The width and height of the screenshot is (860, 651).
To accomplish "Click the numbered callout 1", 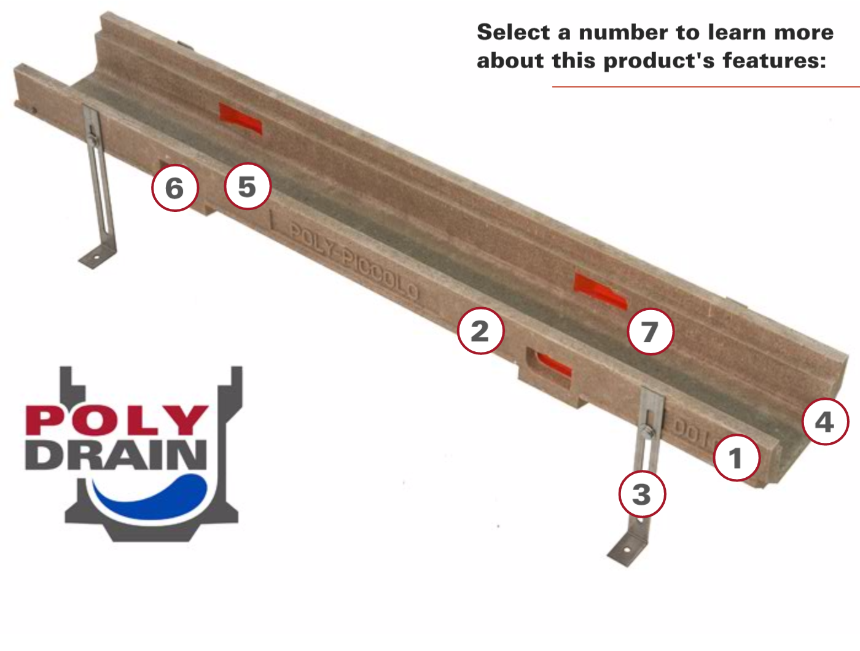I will pos(737,458).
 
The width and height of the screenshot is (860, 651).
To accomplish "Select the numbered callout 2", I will pos(480,331).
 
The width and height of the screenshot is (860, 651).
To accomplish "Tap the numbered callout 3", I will pos(642,494).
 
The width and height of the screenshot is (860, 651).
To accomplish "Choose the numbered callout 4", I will pos(825,422).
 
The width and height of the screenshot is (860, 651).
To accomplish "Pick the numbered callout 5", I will pos(247,187).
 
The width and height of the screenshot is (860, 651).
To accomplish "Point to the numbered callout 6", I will pos(175,188).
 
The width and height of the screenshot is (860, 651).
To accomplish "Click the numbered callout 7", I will pos(651,332).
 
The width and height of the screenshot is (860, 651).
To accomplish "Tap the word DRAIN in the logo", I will pos(115,454).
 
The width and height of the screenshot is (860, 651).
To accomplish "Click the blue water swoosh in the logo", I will pos(154,497).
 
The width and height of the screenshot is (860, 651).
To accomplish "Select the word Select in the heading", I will pos(513,32).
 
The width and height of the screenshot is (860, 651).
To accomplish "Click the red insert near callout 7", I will pos(600,290).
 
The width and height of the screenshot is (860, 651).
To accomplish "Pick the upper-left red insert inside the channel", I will pos(241,119).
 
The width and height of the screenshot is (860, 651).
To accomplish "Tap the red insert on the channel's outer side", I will pos(553,364).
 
